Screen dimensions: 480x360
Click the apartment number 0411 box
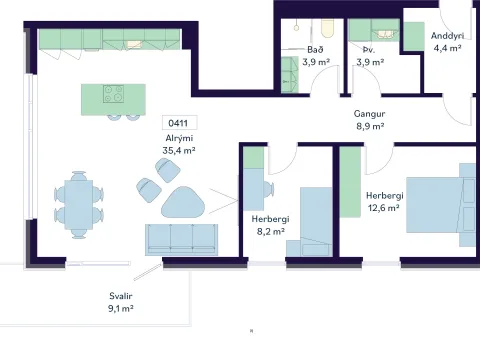[179, 123]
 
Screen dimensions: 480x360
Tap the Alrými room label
[179, 138]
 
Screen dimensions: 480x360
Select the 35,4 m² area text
[179, 150]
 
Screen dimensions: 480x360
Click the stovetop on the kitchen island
[113, 94]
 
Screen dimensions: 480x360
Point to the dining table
[79, 204]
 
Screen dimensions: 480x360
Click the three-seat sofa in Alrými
[181, 240]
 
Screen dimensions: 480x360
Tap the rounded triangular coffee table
[183, 202]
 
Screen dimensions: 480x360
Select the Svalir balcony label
[121, 296]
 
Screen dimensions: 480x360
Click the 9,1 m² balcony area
[121, 308]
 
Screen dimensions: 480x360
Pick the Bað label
[315, 50]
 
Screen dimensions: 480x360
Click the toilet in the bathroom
[328, 29]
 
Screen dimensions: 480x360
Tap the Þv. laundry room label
[369, 50]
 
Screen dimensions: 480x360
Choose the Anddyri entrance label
[447, 36]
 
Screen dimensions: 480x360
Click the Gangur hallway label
[369, 114]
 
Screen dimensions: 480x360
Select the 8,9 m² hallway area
[370, 126]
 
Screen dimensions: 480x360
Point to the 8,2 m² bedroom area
[271, 231]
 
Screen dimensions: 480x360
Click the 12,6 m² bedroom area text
[384, 208]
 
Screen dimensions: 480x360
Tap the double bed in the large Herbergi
[441, 205]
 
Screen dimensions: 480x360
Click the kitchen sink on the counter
[134, 44]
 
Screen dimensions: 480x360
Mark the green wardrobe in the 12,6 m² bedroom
[350, 182]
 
